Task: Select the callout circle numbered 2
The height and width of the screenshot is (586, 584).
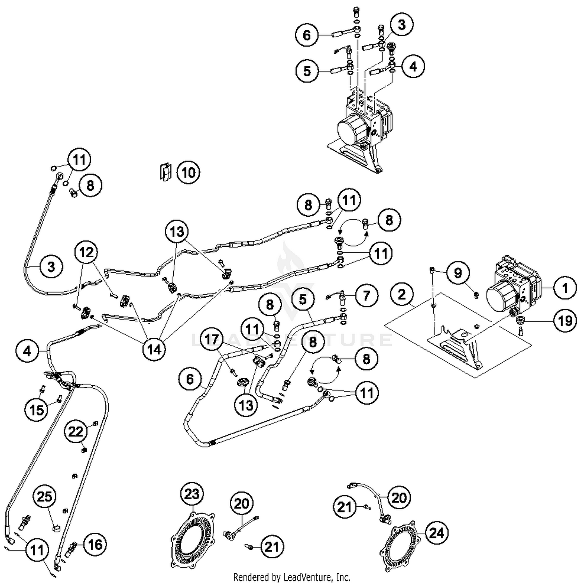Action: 402,295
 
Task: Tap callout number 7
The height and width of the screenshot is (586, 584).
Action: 366,295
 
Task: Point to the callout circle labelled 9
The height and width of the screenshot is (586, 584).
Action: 458,273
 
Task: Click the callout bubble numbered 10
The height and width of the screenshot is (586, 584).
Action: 188,172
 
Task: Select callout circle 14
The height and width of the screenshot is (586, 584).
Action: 154,349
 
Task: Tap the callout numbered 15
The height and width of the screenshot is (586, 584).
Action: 37,409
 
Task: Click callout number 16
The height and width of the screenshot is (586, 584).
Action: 95,544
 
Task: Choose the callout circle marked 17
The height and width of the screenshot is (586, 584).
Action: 212,339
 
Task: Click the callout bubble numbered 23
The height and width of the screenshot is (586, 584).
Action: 192,494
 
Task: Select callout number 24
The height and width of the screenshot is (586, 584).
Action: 436,533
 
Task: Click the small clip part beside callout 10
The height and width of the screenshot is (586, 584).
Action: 165,172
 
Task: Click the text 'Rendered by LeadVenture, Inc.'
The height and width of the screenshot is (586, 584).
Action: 292,577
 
